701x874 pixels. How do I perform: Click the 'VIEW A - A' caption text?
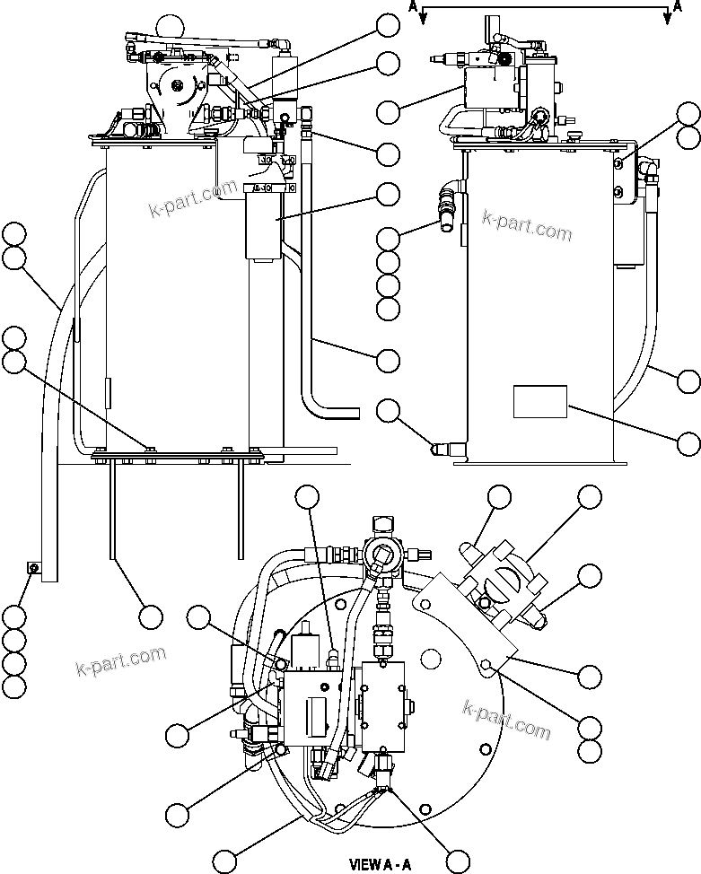click(381, 865)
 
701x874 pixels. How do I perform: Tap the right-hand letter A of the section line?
click(677, 6)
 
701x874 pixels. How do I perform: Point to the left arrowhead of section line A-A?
click(423, 23)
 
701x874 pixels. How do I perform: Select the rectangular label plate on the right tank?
click(540, 402)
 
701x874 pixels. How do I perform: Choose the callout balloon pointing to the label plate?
click(688, 442)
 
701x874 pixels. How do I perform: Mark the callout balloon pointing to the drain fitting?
click(388, 411)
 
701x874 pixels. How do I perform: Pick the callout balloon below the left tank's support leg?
click(150, 616)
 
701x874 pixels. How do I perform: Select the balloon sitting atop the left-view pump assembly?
click(167, 27)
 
